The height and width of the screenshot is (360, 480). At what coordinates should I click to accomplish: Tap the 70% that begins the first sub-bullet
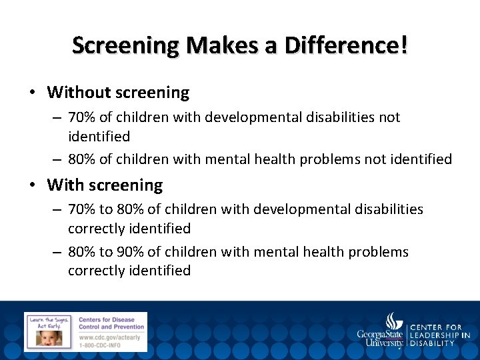[82, 117]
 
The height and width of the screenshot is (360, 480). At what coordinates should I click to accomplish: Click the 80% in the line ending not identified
[82, 159]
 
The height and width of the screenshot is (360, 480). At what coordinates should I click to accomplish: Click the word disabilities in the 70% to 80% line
[387, 209]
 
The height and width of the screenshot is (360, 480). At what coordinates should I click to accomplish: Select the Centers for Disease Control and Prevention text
[111, 323]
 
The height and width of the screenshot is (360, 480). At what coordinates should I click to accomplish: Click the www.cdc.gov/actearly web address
[109, 337]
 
